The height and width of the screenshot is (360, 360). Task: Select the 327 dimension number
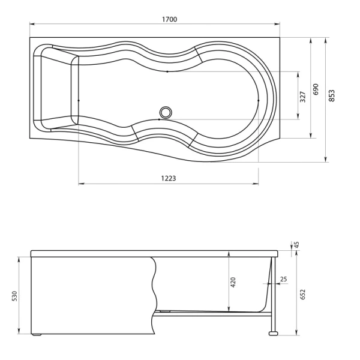303,95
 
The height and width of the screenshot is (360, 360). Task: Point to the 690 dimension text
316,90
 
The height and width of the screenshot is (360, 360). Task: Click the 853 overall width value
331,96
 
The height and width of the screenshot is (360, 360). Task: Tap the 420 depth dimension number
233,283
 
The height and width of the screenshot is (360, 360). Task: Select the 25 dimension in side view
284,278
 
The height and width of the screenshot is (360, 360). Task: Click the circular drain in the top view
165,111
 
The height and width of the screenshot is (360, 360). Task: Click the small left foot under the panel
37,334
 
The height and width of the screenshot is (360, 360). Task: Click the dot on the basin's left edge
79,100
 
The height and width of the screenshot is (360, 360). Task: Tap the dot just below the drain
158,120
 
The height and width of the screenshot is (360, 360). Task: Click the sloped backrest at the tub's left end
56,90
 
